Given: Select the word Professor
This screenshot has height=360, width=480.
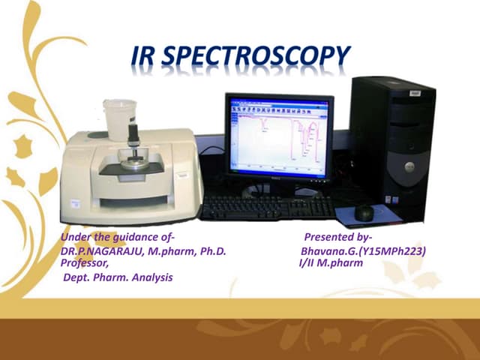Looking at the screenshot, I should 84,263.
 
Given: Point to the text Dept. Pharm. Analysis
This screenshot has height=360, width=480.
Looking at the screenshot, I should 118,277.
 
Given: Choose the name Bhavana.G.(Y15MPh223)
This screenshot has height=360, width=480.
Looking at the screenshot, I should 363,251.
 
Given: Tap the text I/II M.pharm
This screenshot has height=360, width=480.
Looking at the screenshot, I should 331,263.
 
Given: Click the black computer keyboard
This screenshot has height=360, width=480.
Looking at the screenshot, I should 267,207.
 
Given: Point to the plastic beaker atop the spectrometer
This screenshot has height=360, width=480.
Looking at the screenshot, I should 120,117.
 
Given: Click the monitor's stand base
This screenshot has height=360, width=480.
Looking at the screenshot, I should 278,191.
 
